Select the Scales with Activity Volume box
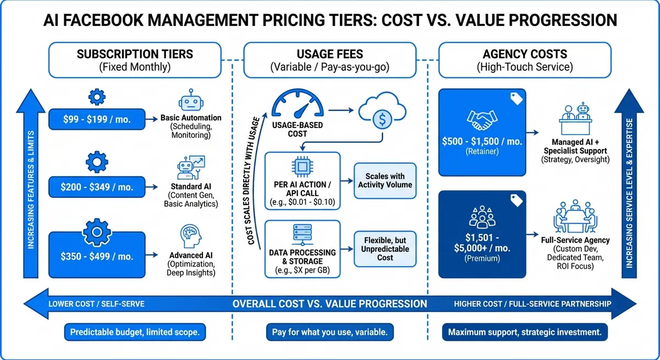pos(385,180)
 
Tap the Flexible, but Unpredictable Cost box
pos(385,248)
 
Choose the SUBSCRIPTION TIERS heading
pos(135,54)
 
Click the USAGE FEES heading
pos(329,54)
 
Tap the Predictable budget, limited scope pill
pos(135,332)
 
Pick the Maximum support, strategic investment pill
pos(525,332)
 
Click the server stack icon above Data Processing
pos(302,234)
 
